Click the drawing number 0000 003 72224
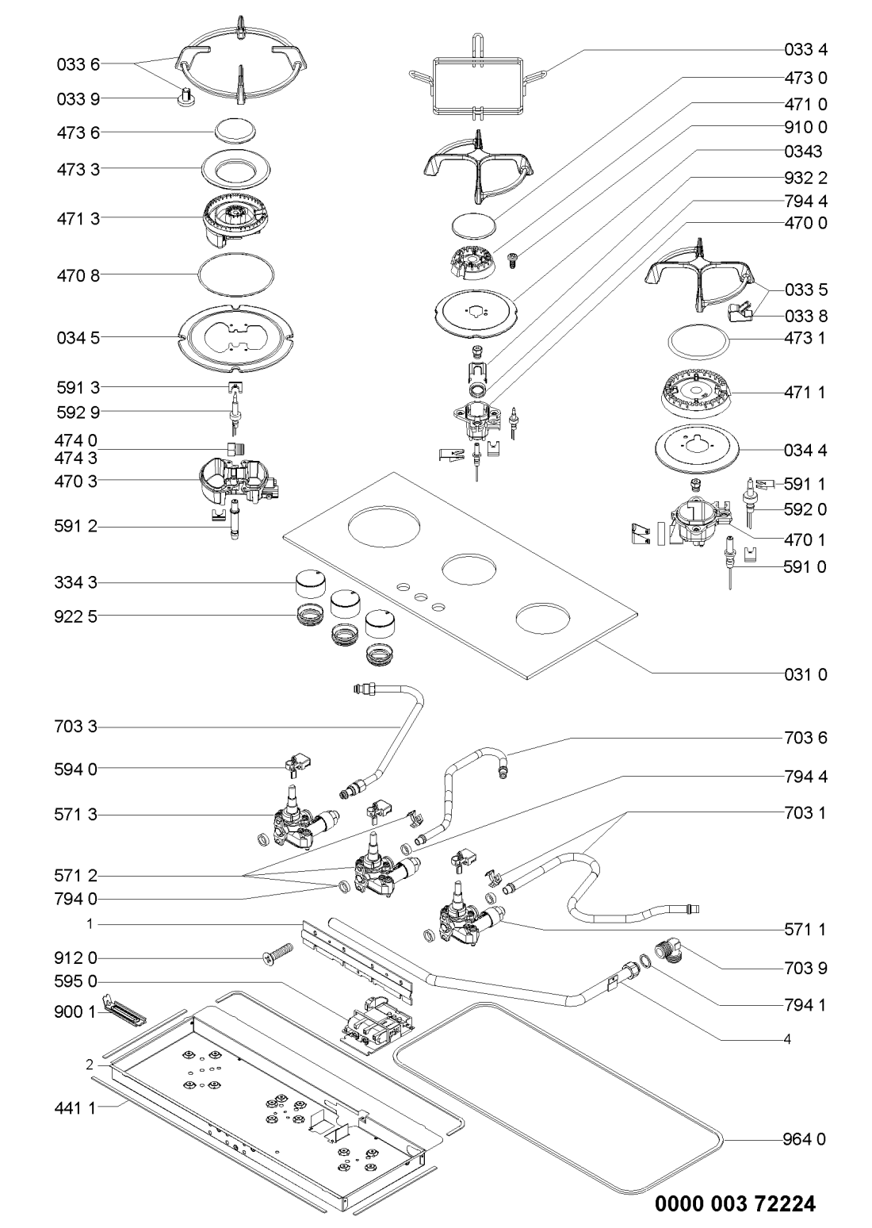coord(735,1203)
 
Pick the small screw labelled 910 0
coord(512,259)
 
